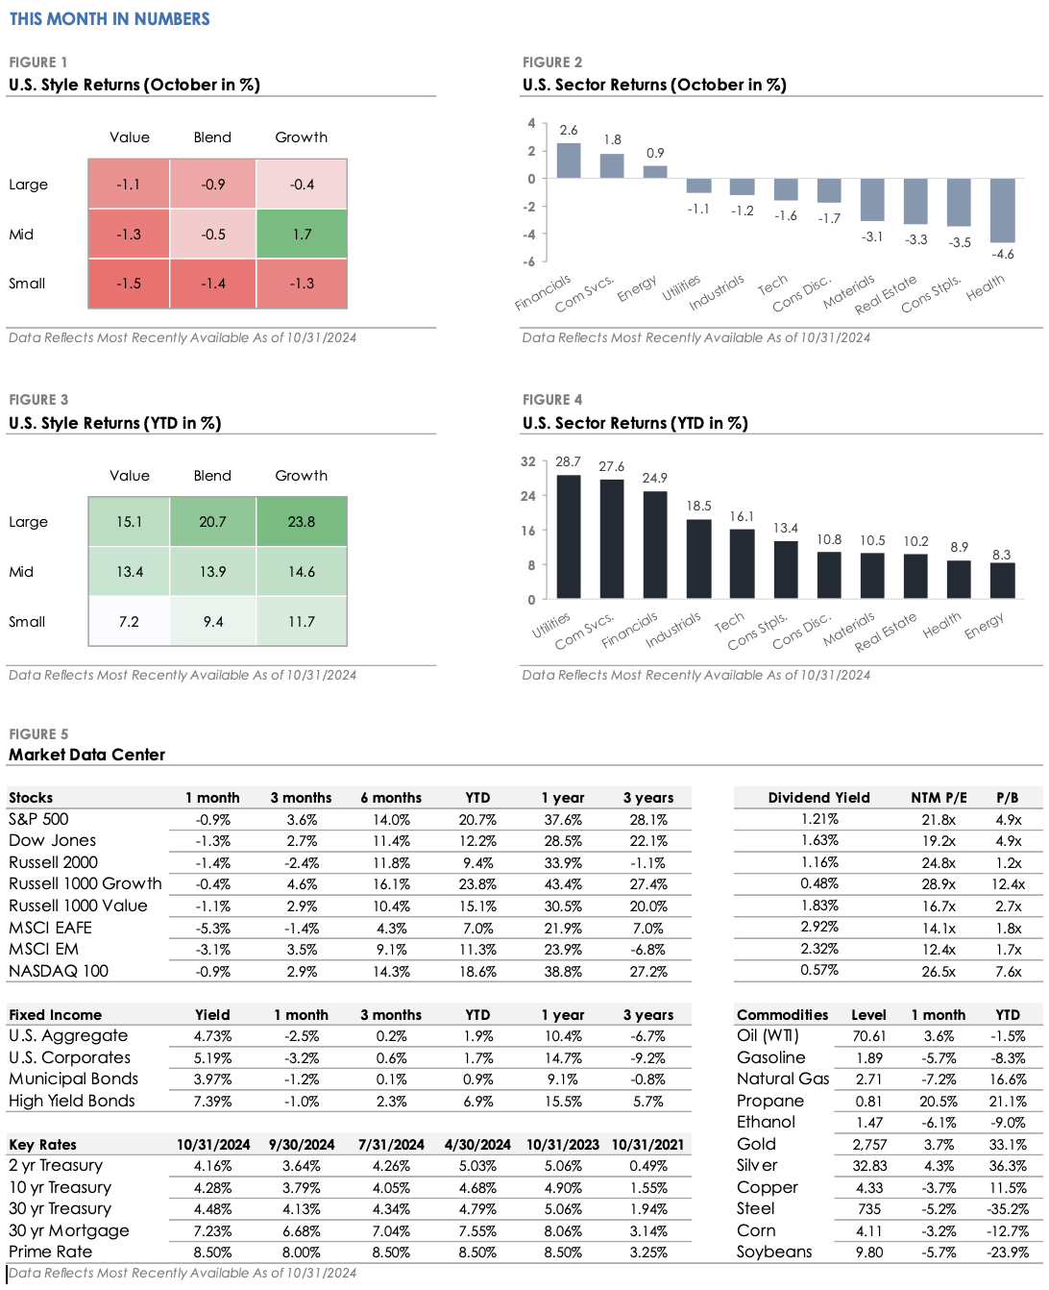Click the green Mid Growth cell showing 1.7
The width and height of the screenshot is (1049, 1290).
point(302,234)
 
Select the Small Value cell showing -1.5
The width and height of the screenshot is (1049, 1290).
point(129,284)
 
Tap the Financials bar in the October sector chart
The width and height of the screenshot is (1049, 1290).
point(569,161)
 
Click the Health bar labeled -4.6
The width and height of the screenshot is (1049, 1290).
point(1002,211)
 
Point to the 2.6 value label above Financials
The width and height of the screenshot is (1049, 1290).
point(569,130)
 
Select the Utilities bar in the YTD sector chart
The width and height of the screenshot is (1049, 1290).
point(569,536)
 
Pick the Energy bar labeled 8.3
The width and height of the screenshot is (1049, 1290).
point(1002,581)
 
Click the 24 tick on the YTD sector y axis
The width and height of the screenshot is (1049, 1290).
point(528,496)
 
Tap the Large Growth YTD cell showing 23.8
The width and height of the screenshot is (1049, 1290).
point(302,522)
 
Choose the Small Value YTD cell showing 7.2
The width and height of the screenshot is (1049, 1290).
point(129,622)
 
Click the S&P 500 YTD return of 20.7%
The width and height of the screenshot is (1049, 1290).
point(477,820)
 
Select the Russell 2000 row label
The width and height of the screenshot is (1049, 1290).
point(54,862)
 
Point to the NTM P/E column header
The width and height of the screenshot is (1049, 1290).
point(939,798)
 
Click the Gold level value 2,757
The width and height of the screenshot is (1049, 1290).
point(869,1145)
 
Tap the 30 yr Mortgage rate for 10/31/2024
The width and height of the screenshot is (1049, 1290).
point(212,1231)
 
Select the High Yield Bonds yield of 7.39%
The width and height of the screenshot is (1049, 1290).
point(212,1102)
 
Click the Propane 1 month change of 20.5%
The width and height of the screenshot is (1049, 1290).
point(939,1102)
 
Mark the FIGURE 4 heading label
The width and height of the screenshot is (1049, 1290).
point(552,400)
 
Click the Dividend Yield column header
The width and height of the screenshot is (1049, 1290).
point(818,798)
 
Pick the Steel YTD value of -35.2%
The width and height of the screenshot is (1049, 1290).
point(1008,1209)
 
